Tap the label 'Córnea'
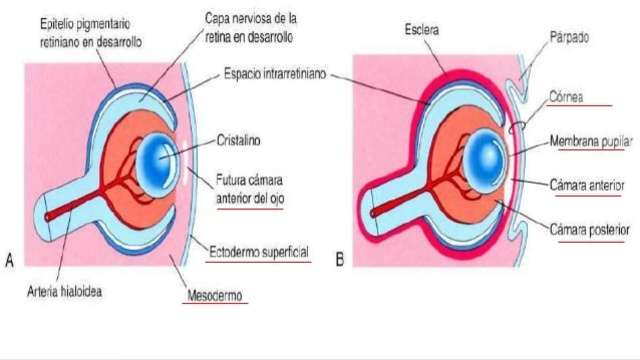click(573, 97)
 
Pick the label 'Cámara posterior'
click(589, 229)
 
